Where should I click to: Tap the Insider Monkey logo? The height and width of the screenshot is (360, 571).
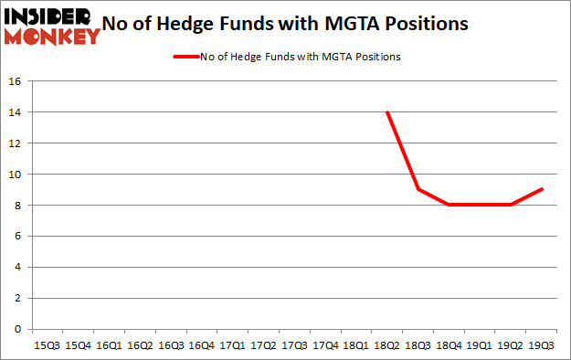tap(51, 26)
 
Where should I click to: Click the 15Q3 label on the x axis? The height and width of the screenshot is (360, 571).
tap(47, 345)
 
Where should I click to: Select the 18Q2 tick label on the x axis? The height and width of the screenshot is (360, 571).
tap(386, 345)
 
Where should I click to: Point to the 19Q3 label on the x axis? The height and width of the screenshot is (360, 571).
tap(541, 345)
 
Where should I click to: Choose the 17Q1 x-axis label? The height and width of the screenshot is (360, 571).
tap(232, 345)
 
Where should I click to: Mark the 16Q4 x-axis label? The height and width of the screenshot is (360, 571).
tap(201, 345)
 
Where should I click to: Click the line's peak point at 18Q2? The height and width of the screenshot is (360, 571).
tap(386, 112)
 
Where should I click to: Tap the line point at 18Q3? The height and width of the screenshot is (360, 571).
tap(418, 189)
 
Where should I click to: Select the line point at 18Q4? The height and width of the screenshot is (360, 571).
tap(449, 205)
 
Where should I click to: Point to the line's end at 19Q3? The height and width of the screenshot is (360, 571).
tap(541, 189)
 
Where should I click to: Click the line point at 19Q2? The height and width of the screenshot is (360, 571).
tap(510, 205)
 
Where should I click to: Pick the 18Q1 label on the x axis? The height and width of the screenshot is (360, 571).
tap(355, 345)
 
